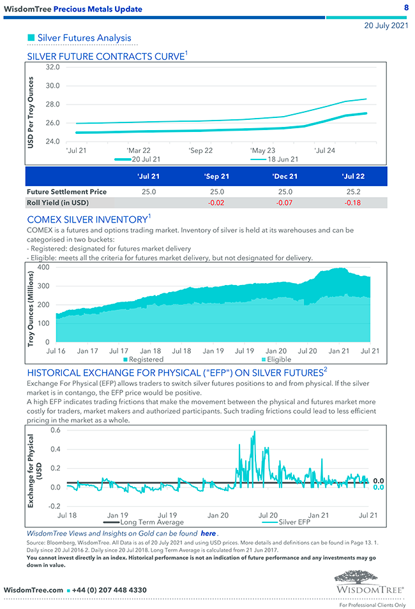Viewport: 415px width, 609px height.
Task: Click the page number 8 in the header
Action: click(x=407, y=8)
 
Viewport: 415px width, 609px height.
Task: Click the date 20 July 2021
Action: click(x=386, y=26)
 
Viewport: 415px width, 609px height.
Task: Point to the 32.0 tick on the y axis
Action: click(x=53, y=67)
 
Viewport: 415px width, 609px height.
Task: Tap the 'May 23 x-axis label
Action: click(x=263, y=150)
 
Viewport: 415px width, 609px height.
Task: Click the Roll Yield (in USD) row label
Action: click(x=57, y=203)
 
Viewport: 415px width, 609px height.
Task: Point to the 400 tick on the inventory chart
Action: click(x=43, y=267)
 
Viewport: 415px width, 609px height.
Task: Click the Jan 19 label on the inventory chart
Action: click(x=213, y=351)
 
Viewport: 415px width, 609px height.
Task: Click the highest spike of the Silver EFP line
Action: click(x=254, y=432)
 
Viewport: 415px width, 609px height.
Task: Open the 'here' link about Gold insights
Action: click(x=208, y=533)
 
